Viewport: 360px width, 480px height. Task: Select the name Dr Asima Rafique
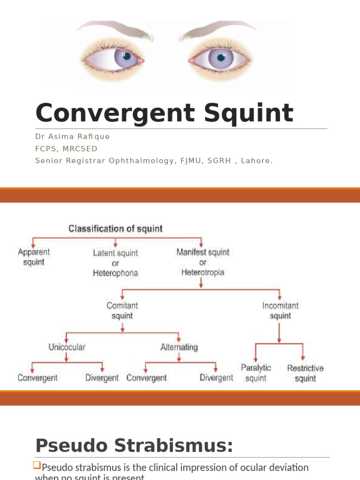pos(73,136)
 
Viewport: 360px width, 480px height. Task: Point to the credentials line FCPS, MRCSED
pos(66,149)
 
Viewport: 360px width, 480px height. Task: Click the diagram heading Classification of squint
pos(115,229)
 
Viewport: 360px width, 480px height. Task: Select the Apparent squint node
pos(34,257)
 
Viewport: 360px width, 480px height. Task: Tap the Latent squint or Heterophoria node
pos(115,262)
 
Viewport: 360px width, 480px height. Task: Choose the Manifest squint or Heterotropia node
pos(203,262)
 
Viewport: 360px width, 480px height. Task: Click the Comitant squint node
pos(122,310)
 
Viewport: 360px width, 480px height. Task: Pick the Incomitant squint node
pos(280,310)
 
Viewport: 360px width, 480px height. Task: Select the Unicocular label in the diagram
pos(67,347)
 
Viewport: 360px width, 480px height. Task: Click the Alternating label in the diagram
pos(179,347)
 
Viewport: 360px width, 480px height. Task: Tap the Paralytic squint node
pos(256,373)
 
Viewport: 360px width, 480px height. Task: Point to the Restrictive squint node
pos(305,373)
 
